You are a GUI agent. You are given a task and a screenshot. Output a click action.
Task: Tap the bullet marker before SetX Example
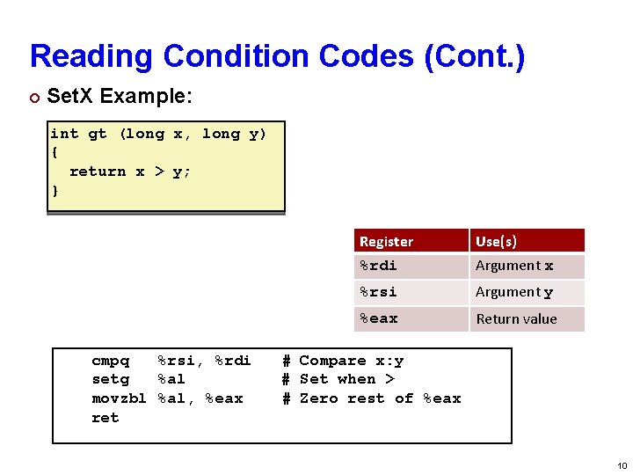coord(34,95)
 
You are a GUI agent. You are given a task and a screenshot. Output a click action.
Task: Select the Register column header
coord(386,241)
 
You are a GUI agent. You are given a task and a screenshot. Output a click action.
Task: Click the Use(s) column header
coord(496,241)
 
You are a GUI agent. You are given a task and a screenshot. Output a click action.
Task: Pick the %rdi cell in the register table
coord(378,266)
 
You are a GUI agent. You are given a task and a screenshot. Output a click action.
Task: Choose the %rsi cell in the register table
coord(378,292)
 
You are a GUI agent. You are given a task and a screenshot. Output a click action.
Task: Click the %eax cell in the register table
coord(378,318)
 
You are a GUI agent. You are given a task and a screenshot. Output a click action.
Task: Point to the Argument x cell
coord(514,266)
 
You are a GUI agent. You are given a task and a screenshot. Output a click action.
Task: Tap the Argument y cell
coord(514,292)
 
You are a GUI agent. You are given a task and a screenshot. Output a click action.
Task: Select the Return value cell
coord(516,318)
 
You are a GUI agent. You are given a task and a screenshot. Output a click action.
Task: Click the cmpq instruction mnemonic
coord(110,361)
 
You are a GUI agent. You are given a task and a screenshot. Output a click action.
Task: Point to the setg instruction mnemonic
coord(110,379)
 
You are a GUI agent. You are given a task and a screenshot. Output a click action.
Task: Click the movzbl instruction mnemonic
coord(119,398)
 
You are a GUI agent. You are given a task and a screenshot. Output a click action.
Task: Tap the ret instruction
coord(105,418)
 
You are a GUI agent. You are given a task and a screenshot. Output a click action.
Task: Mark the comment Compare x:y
coord(351,361)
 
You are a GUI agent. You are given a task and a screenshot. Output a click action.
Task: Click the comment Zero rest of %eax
coord(380,398)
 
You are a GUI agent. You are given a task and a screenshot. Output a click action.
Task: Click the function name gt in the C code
coord(98,134)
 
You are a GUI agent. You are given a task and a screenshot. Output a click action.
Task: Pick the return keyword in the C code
coord(97,172)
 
